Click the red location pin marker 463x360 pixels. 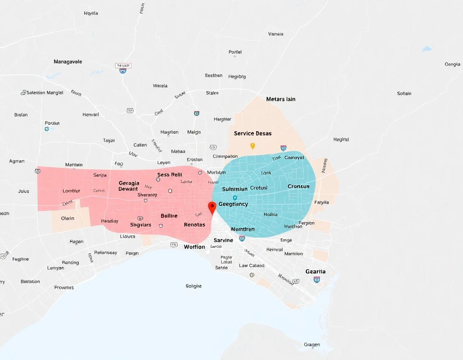coord(212,207)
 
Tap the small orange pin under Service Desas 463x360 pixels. coord(252,146)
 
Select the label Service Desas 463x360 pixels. coord(252,133)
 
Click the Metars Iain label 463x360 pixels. coord(281,99)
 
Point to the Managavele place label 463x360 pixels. coord(68,62)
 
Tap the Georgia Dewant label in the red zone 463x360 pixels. coord(129,186)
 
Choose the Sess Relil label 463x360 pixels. coord(170,175)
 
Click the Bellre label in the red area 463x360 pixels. coord(169,216)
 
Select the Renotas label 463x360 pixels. coord(195,225)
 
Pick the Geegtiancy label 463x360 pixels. coord(233,204)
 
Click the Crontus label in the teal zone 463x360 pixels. coord(299,186)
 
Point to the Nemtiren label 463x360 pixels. coord(243,229)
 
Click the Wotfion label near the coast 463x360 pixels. coord(195,247)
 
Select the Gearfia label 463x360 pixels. coord(315,272)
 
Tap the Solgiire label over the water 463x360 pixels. coord(194,286)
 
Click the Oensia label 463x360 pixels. coord(453,64)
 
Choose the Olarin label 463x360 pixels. coord(68,219)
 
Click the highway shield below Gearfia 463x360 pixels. coord(317,279)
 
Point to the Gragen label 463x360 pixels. coord(312,345)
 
